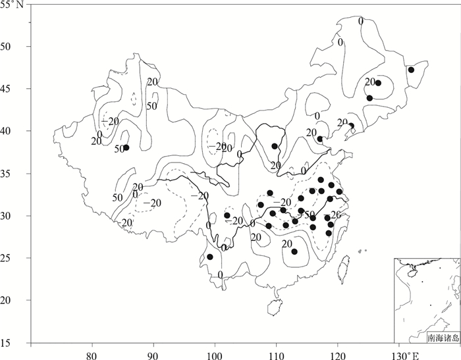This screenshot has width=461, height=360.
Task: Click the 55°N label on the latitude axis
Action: (x=13, y=5)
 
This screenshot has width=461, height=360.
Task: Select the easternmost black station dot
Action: (x=411, y=70)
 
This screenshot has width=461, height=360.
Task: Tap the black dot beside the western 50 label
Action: (x=126, y=147)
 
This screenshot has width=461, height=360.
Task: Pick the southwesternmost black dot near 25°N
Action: (x=210, y=257)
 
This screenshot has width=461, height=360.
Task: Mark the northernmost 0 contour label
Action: (x=360, y=21)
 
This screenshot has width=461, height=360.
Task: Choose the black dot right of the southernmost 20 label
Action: (x=294, y=251)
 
